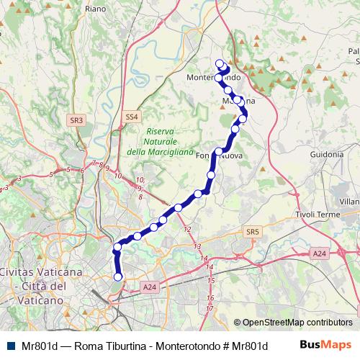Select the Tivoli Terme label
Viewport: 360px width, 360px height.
pos(318,215)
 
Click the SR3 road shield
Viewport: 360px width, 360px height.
pos(77,120)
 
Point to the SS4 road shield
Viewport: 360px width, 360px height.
pos(130,116)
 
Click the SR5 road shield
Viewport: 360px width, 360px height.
pos(251,232)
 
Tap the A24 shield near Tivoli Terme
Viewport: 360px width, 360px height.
pos(319,253)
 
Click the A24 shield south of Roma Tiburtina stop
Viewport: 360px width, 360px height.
pos(148,287)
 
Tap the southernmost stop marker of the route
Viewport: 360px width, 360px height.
pos(118,276)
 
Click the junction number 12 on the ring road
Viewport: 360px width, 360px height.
pos(188,229)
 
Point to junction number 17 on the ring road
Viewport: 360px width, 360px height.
pos(210,308)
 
